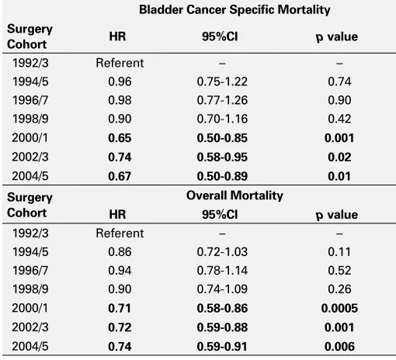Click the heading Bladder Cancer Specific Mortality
pyautogui.click(x=234, y=10)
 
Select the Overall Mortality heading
pyautogui.click(x=234, y=196)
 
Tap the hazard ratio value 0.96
pyautogui.click(x=120, y=81)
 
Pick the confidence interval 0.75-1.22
pyautogui.click(x=222, y=81)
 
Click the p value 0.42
pyautogui.click(x=339, y=119)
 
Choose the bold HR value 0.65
pyautogui.click(x=120, y=138)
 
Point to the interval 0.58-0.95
pyautogui.click(x=222, y=157)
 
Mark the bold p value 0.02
pyautogui.click(x=339, y=157)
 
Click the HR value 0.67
pyautogui.click(x=120, y=176)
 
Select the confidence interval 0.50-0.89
pyautogui.click(x=222, y=176)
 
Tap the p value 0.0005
pyautogui.click(x=339, y=308)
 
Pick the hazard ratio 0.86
pyautogui.click(x=120, y=252)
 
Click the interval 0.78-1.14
pyautogui.click(x=222, y=271)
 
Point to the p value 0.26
pyautogui.click(x=339, y=289)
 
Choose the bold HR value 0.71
pyautogui.click(x=120, y=308)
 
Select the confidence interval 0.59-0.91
pyautogui.click(x=222, y=347)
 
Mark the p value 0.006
pyautogui.click(x=339, y=347)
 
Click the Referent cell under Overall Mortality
pyautogui.click(x=120, y=234)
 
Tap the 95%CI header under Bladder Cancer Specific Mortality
pyautogui.click(x=220, y=36)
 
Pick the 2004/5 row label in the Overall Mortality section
pyautogui.click(x=30, y=347)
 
